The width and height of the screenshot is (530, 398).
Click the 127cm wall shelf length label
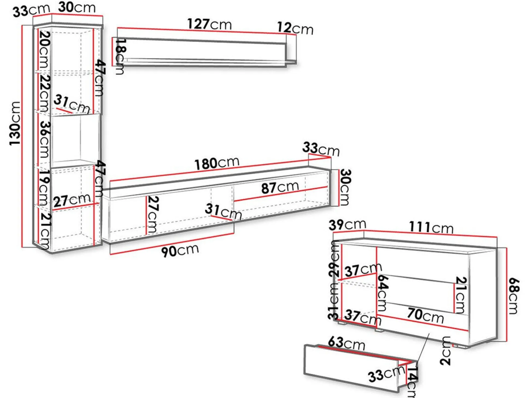coord(210,24)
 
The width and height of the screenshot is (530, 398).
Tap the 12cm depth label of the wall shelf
coord(295,28)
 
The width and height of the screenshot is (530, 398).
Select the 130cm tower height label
coord(15,123)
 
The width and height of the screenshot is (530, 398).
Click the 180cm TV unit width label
coord(217,163)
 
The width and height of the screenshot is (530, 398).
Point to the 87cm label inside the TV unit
coord(280,187)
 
